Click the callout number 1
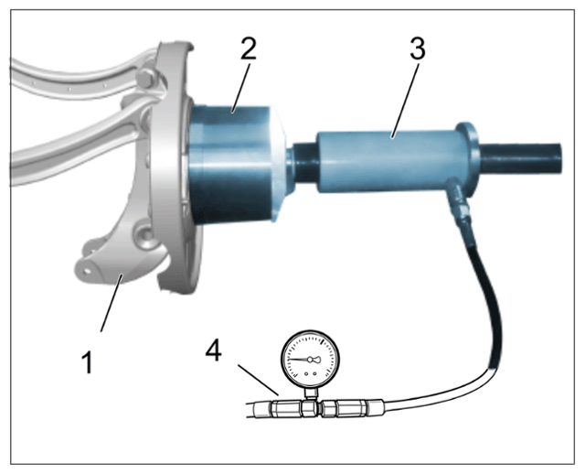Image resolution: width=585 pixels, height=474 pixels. (88, 361)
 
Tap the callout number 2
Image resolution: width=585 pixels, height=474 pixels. (249, 48)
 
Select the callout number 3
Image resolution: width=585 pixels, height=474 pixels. (418, 48)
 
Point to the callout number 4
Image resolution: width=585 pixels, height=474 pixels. (214, 352)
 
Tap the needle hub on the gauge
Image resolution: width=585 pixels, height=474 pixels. (310, 360)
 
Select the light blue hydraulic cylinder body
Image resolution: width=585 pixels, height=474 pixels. (388, 161)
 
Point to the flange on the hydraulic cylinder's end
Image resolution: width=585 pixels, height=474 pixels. (468, 159)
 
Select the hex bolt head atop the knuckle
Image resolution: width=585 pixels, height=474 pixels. (146, 80)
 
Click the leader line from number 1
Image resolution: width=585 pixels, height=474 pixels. (110, 303)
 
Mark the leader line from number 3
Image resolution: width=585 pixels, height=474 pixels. (405, 101)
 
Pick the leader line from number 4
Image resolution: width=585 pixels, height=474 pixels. (258, 380)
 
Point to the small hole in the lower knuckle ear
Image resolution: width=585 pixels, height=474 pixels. (87, 268)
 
